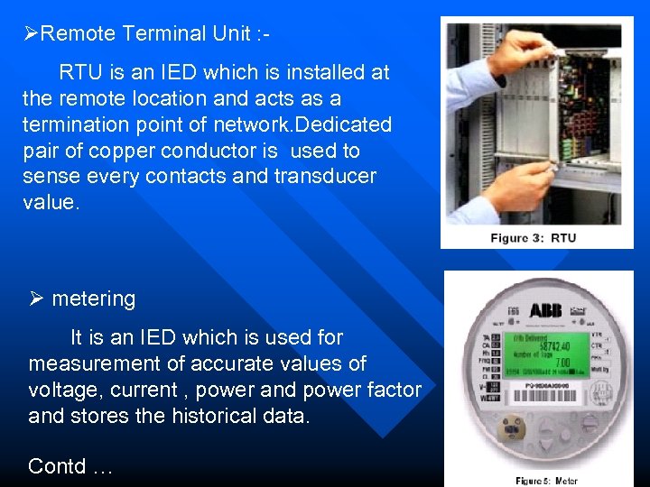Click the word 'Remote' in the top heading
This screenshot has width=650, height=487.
point(78,34)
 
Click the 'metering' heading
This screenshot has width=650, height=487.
point(93,299)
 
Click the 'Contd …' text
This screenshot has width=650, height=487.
point(70,466)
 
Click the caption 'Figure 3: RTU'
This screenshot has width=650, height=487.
point(533,238)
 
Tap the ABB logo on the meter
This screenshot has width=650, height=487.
point(544,311)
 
